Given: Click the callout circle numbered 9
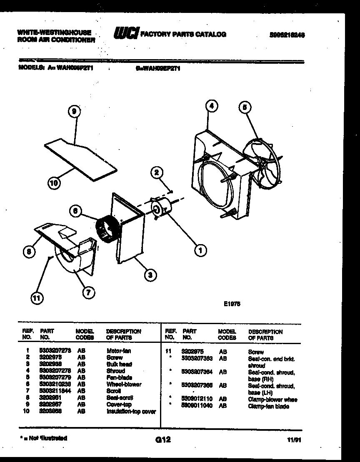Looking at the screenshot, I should coord(74,112).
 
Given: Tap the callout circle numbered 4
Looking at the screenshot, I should coord(212,107).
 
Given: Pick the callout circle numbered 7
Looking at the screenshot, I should coord(88,292).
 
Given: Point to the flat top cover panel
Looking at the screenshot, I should coord(79,156).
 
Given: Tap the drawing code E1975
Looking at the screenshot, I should coord(232,304).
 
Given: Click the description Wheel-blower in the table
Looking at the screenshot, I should coord(124,384).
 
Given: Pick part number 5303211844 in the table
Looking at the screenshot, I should coord(55,391).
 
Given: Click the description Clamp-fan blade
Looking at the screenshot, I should coord(268,406).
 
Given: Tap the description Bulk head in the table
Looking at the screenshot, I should coord(119,364).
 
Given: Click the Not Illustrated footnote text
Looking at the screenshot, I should coord(43,438).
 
